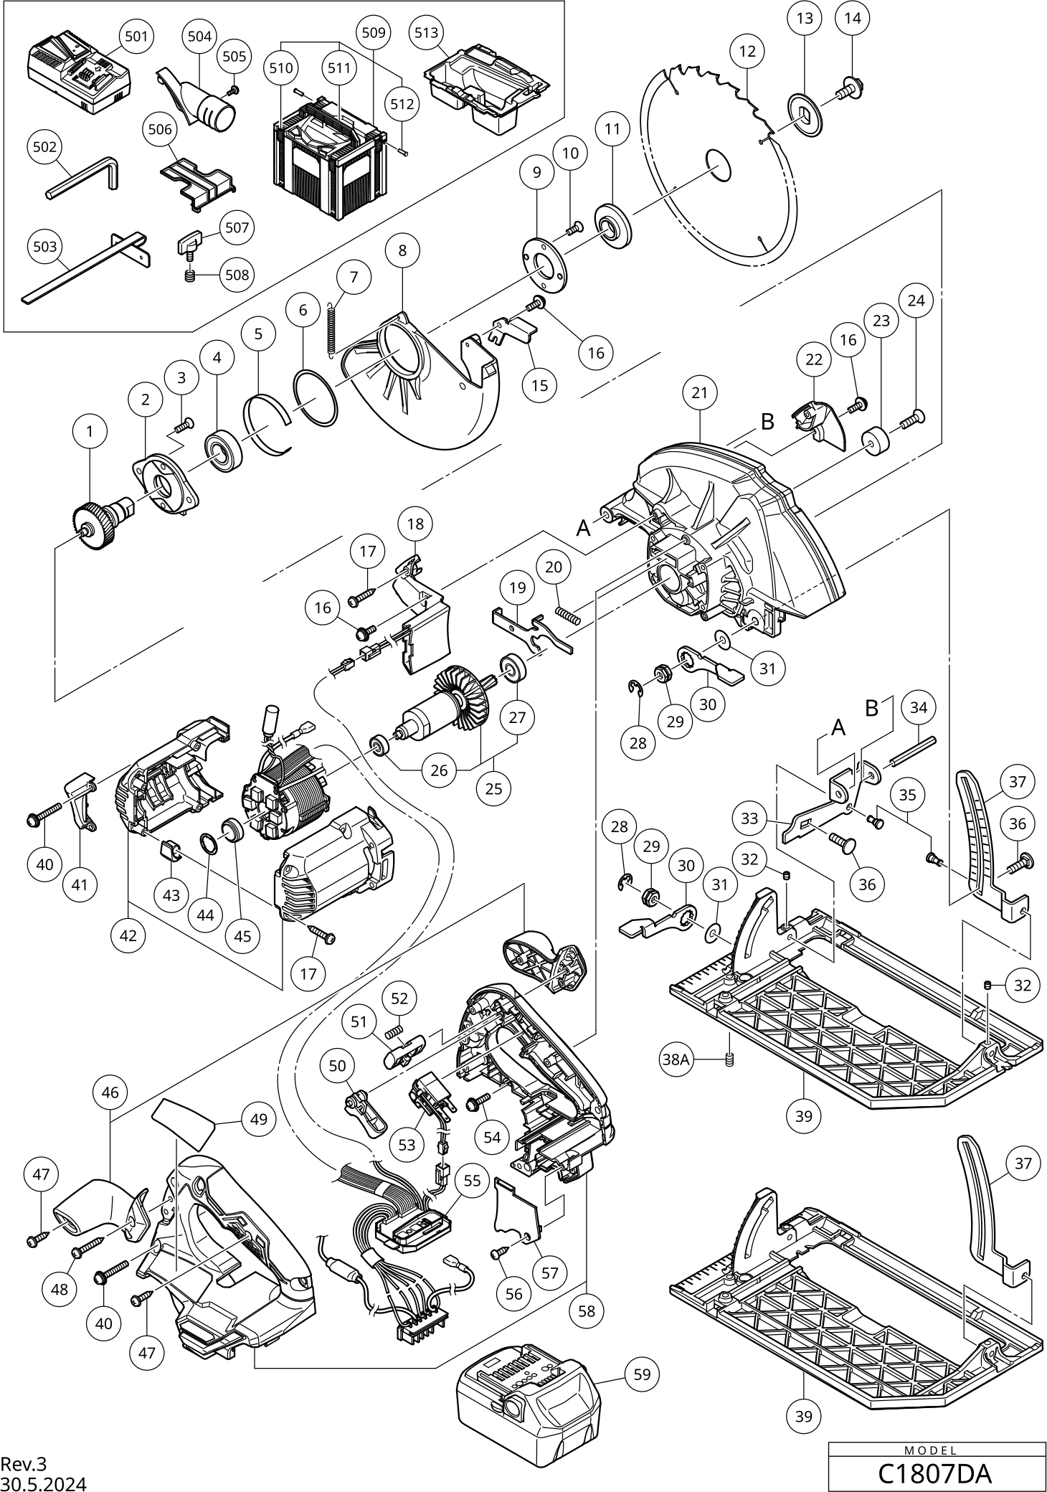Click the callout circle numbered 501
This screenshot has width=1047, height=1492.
point(136,37)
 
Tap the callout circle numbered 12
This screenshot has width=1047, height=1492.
point(747,51)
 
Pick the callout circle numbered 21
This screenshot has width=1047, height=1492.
point(700,392)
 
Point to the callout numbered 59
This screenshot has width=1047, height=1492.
point(643,1374)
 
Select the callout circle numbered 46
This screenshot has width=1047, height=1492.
point(110,1092)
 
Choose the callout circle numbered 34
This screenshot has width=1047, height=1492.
point(919,708)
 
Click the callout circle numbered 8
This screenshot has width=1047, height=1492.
point(402,250)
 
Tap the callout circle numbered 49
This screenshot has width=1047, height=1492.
point(258,1119)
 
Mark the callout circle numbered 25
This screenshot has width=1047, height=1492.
point(493,789)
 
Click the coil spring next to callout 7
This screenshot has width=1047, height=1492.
point(331,327)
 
